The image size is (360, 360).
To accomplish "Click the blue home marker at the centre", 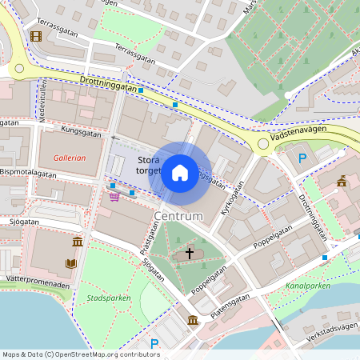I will (179, 171).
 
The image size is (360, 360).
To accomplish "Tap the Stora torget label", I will (150, 165).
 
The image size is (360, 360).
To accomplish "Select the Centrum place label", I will (178, 216).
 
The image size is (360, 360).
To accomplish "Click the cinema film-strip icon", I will (35, 36).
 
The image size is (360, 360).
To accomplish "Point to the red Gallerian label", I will (70, 158).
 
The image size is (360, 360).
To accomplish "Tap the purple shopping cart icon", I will (114, 196).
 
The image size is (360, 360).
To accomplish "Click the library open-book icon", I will (71, 262).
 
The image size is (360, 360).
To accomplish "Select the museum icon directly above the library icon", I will (77, 242).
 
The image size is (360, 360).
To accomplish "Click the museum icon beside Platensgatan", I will (194, 321).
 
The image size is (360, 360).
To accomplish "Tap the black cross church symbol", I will (190, 253).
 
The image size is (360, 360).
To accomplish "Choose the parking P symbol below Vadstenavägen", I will (302, 158).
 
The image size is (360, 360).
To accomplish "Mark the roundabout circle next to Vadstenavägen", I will (262, 144).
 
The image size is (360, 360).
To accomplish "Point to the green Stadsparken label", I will (108, 298).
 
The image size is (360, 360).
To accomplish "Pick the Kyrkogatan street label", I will (236, 195).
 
